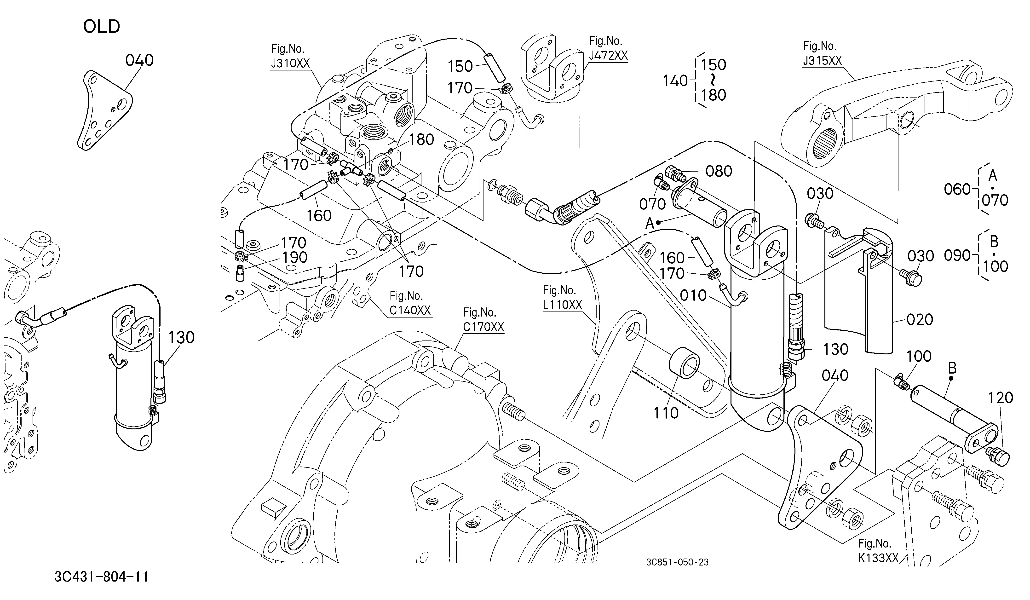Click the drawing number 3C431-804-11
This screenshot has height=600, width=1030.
(101, 577)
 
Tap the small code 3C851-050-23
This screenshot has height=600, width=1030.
(677, 562)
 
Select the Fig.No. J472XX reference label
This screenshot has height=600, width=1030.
(608, 48)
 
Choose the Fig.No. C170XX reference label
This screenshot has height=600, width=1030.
(483, 320)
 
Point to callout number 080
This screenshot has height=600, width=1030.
(719, 171)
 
